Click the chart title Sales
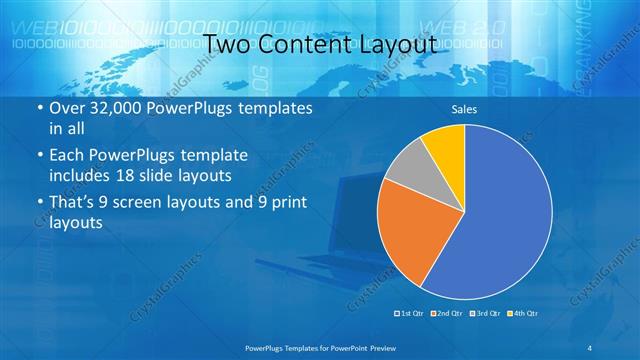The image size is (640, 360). pyautogui.click(x=464, y=109)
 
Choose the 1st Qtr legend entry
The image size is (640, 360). pyautogui.click(x=410, y=314)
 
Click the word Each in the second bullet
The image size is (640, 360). pyautogui.click(x=68, y=156)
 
